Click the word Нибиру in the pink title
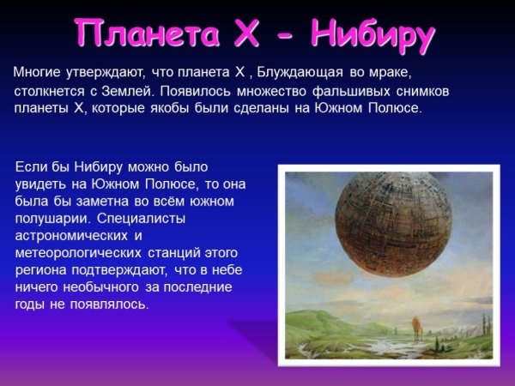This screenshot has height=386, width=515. tap(372, 33)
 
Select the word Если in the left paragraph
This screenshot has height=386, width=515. tap(31, 165)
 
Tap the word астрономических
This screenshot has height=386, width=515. tap(70, 235)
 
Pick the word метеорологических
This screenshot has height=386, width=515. tap(77, 252)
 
